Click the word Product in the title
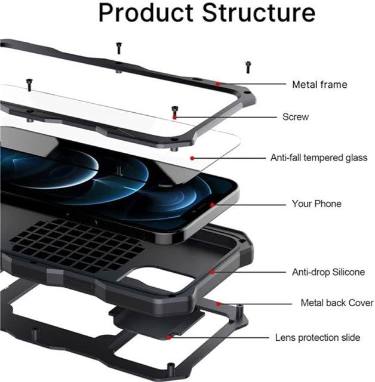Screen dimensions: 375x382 (146, 13)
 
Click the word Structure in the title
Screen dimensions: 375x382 (259, 13)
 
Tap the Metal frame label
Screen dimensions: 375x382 (319, 85)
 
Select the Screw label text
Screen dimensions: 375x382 (296, 117)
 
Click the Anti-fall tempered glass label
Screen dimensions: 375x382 (319, 158)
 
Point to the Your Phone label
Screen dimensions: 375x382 (316, 204)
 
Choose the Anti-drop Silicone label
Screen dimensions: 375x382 (328, 272)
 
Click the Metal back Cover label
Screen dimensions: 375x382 (337, 303)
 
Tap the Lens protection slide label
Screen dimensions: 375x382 (318, 338)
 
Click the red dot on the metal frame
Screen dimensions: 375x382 (218, 84)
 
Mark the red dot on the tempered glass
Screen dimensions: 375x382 (192, 158)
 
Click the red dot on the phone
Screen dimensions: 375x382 (212, 205)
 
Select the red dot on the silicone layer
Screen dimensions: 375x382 (212, 272)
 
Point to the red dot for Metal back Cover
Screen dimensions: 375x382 (219, 304)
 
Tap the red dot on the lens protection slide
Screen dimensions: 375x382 (168, 337)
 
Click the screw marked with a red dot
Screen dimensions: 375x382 (175, 112)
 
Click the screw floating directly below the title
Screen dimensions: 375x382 (119, 48)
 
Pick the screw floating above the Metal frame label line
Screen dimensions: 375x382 (248, 67)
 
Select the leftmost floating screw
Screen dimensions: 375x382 (29, 85)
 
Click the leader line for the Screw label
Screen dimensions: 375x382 (226, 117)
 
